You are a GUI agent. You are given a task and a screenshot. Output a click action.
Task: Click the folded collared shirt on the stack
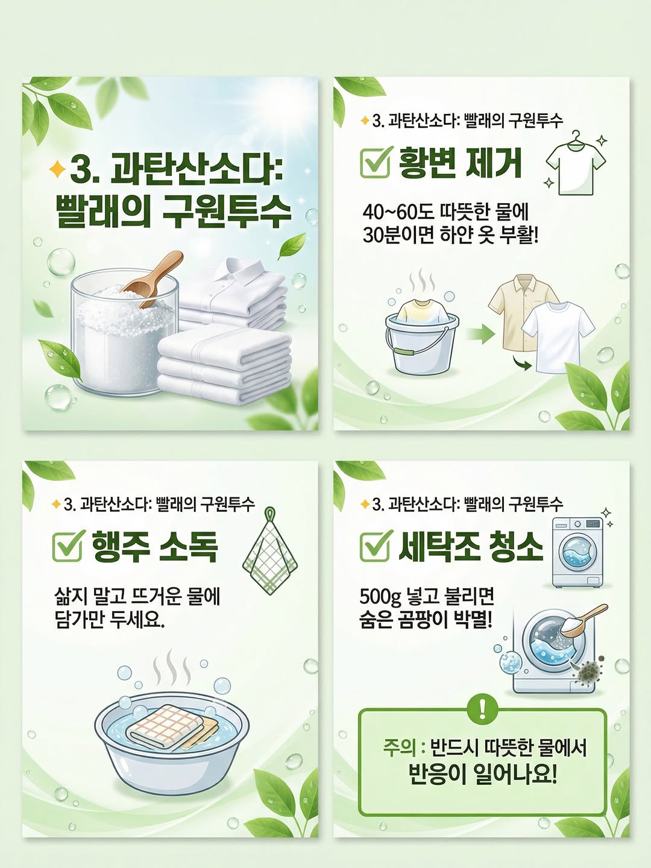[x=233, y=292]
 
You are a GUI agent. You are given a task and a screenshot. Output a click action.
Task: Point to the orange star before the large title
[x=57, y=169]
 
